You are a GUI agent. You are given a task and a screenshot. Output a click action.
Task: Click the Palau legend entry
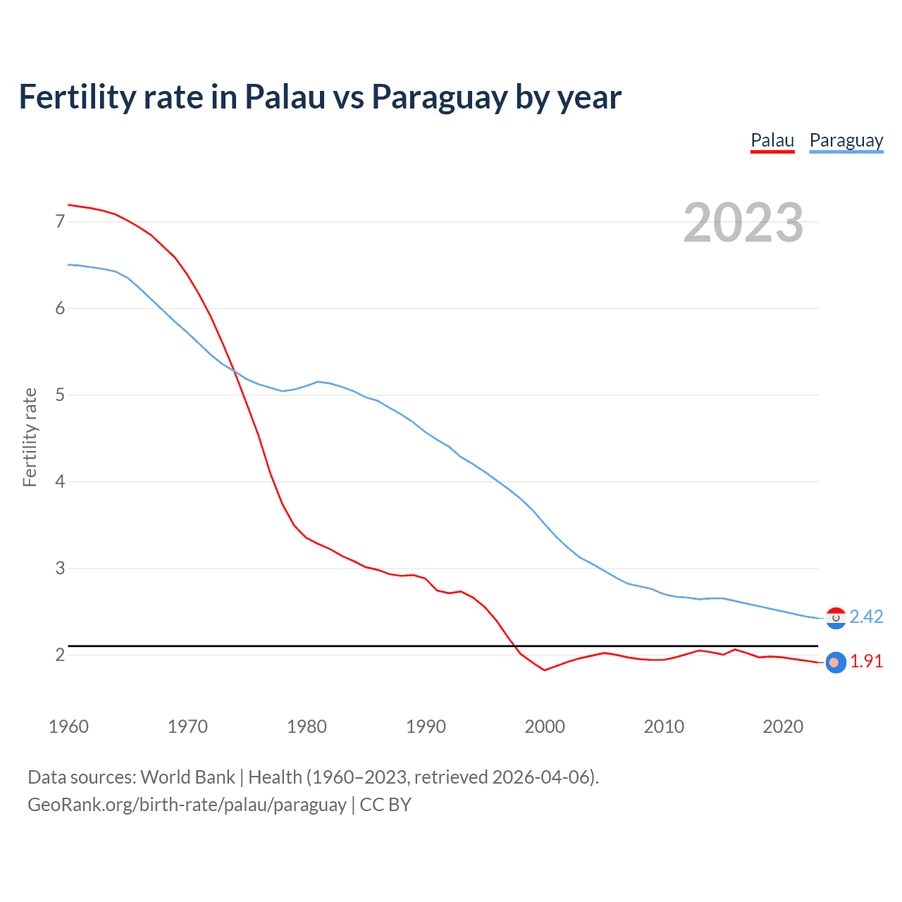(x=772, y=140)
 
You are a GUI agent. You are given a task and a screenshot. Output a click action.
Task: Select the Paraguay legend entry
(x=846, y=140)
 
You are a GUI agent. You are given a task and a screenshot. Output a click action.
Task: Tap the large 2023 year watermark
(x=743, y=223)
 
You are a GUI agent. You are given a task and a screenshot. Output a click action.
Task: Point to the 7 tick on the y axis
(x=60, y=222)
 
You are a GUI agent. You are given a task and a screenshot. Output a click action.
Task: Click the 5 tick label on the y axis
(x=60, y=395)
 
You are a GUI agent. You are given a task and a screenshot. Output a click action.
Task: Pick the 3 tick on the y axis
(x=60, y=569)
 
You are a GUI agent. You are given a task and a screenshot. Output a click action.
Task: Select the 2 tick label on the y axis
(x=60, y=655)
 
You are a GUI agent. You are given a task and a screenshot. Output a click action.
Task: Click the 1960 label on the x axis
(x=68, y=727)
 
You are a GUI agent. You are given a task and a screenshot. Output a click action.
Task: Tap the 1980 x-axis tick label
(x=307, y=727)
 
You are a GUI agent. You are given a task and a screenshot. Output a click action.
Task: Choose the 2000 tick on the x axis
(x=545, y=727)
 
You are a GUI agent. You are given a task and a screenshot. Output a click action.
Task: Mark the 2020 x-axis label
(x=783, y=727)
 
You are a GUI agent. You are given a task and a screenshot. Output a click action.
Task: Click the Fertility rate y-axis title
(x=30, y=437)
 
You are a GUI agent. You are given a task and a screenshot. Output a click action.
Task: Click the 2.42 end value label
(x=866, y=617)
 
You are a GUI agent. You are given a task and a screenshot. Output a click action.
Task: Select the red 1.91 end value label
(x=866, y=662)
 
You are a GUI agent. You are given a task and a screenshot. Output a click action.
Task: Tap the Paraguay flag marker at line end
(x=836, y=618)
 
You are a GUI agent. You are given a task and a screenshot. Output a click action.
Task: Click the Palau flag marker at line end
(x=835, y=662)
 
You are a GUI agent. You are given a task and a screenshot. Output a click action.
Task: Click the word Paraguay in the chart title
(x=438, y=97)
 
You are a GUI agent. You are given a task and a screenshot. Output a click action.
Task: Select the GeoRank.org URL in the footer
(x=187, y=805)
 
